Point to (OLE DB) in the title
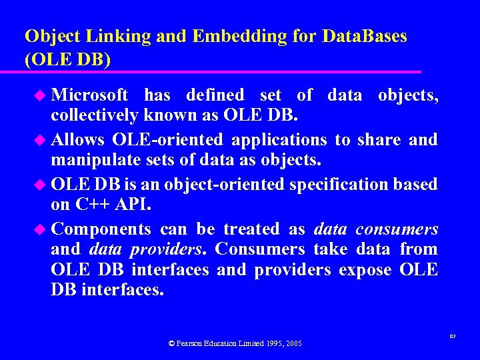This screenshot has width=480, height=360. tap(67, 59)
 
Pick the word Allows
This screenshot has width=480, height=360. tap(77, 140)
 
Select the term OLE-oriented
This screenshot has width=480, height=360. tap(169, 140)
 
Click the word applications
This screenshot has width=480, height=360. tap(279, 140)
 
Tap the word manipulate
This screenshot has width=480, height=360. tap(96, 160)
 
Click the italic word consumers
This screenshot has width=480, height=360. tap(397, 229)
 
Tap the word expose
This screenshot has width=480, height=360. tap(365, 269)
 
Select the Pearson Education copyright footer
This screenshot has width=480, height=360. tap(235, 343)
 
